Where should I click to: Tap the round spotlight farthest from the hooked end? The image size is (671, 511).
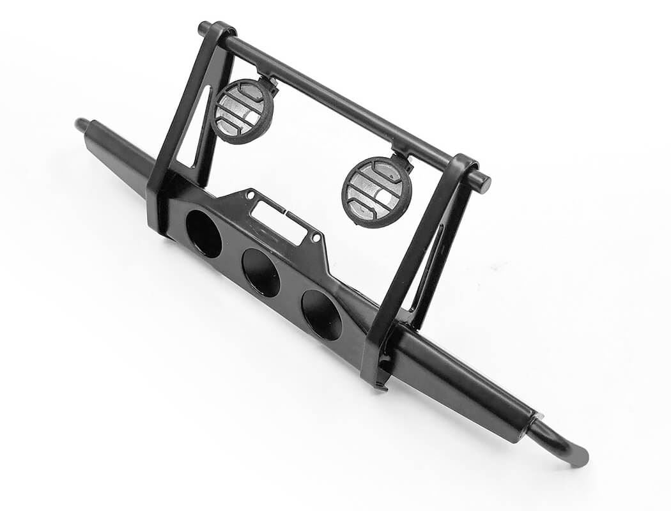coord(242,110)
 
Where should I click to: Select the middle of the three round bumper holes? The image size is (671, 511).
coord(261,272)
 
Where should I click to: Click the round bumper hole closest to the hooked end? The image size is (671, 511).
coord(321,315)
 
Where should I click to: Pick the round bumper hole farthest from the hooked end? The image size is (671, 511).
coord(204,233)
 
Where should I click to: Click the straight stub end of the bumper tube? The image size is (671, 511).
coord(82,124)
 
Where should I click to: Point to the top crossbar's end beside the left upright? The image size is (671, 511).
coord(203,29)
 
